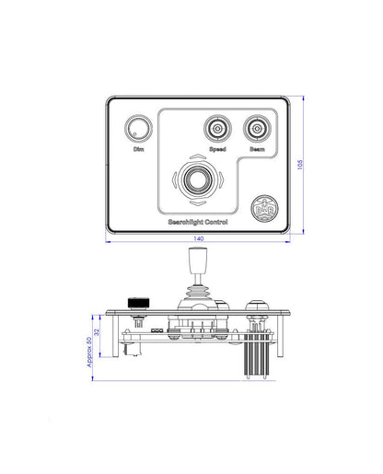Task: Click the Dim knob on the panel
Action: click(x=138, y=129)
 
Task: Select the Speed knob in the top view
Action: click(x=217, y=128)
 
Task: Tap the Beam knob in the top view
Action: click(x=257, y=128)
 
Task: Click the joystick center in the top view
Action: click(x=197, y=179)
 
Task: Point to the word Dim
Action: click(x=138, y=148)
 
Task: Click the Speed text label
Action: click(x=217, y=148)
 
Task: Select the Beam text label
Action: click(x=257, y=148)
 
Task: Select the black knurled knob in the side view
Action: click(x=138, y=303)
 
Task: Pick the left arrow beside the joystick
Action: click(x=172, y=180)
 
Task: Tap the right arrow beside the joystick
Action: click(x=222, y=180)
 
